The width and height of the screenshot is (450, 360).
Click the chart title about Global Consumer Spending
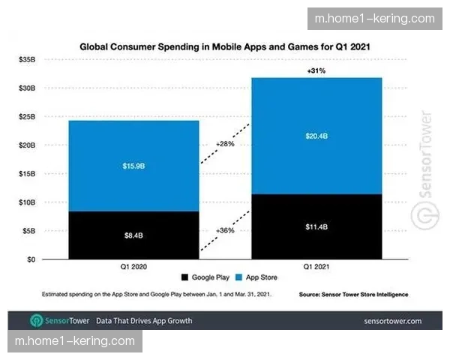[225, 46]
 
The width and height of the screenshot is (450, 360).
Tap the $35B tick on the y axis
[28, 58]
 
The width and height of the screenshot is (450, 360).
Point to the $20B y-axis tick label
[28, 145]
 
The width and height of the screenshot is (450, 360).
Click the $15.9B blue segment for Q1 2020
[134, 166]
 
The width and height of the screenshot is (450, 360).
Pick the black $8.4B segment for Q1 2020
[134, 235]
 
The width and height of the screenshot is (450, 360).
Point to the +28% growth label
[226, 143]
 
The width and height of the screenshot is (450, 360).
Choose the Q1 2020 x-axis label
[134, 266]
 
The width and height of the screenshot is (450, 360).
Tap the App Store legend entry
[259, 277]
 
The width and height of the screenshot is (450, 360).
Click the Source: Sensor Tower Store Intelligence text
[353, 294]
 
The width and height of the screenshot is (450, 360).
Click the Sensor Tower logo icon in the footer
[36, 321]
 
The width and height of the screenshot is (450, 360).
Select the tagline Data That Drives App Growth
[144, 321]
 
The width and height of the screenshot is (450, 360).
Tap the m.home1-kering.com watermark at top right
[375, 19]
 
